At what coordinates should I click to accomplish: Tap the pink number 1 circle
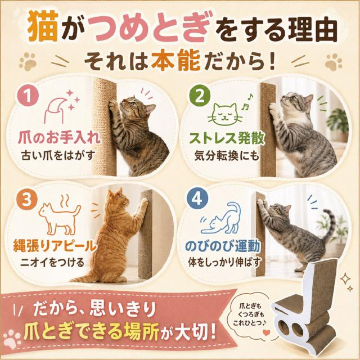click(x=28, y=96)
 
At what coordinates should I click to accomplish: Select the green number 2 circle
click(x=200, y=96)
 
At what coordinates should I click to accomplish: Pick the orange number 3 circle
click(x=27, y=199)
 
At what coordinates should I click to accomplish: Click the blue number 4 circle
click(x=197, y=199)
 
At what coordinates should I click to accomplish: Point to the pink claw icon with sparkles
click(x=61, y=107)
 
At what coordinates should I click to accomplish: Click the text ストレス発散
click(x=227, y=138)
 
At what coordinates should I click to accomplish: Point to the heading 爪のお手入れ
click(x=59, y=138)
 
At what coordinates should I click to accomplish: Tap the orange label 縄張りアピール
click(x=55, y=245)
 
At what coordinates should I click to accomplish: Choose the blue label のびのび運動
click(x=222, y=245)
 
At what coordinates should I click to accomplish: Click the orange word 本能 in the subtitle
click(x=176, y=61)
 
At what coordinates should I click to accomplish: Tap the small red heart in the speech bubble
click(x=266, y=332)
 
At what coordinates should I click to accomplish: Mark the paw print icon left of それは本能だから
click(x=28, y=61)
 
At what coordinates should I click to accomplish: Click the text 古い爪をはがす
click(x=58, y=155)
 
